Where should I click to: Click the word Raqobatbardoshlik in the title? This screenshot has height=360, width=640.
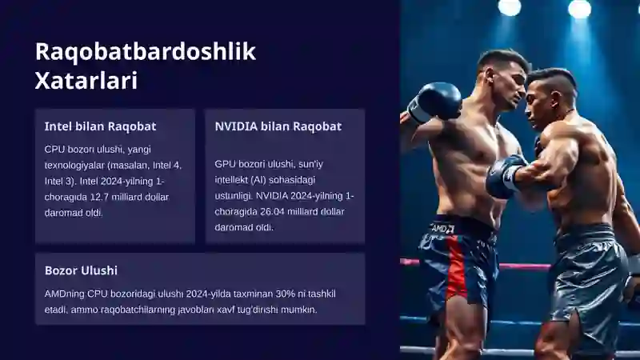[x=146, y=52]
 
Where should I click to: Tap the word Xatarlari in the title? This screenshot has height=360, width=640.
[x=86, y=81]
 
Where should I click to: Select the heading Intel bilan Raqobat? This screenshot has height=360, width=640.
[x=101, y=126]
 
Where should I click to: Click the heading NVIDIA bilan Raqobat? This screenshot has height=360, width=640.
[x=278, y=126]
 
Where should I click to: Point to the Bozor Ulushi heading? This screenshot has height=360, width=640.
[x=81, y=270]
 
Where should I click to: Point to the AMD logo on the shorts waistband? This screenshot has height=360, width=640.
[x=442, y=229]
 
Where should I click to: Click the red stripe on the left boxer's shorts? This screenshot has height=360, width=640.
[x=456, y=266]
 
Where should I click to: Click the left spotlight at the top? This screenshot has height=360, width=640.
[x=510, y=7]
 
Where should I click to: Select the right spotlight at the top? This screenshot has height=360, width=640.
[x=579, y=8]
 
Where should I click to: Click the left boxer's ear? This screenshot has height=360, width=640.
[x=490, y=76]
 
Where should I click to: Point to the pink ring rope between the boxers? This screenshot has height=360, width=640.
[x=525, y=266]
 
